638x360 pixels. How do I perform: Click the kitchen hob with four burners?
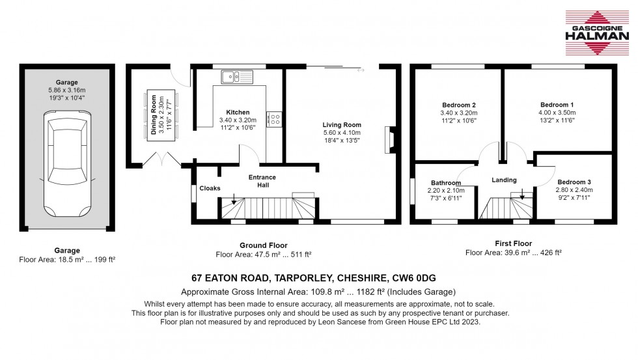coord(275,119)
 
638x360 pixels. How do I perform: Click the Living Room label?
coord(342,125)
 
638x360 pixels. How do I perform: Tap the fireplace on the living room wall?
coord(389,137)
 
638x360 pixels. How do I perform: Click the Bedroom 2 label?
coord(458,105)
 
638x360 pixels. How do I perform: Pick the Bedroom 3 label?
coord(575,182)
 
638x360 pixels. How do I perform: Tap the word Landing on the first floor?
coord(504,180)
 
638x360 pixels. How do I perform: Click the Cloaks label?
coord(210,188)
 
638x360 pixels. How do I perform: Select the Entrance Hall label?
coord(262,181)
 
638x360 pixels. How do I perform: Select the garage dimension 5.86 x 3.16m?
coord(66,90)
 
